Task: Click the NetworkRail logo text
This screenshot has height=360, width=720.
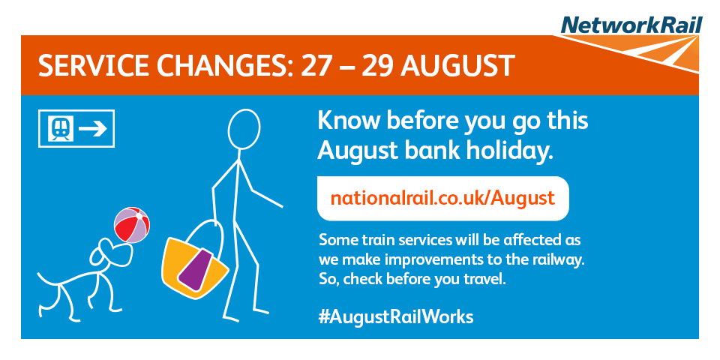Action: click(631, 25)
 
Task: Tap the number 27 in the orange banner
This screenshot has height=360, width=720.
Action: click(316, 66)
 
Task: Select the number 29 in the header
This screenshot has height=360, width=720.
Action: click(378, 66)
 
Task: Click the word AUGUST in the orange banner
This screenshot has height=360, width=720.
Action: click(457, 66)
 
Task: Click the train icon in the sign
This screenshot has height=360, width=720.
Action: click(61, 128)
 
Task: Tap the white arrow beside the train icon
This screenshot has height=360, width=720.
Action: click(93, 128)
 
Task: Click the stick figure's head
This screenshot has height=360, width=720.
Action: click(244, 129)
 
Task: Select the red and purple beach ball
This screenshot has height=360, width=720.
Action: click(132, 224)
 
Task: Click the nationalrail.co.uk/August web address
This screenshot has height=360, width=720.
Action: click(442, 198)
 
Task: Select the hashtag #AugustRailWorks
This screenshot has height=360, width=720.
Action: click(396, 316)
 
